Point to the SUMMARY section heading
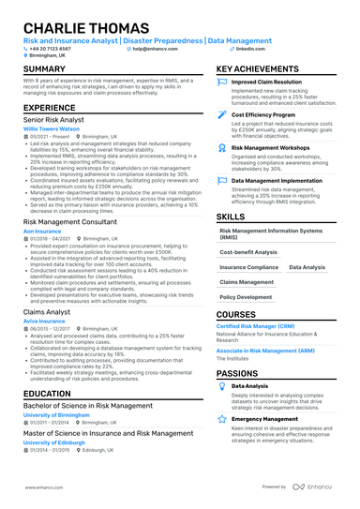tap(44, 70)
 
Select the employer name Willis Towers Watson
tap(52, 128)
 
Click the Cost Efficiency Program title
tap(262, 114)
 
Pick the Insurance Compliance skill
tap(248, 267)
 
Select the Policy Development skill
tap(247, 296)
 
